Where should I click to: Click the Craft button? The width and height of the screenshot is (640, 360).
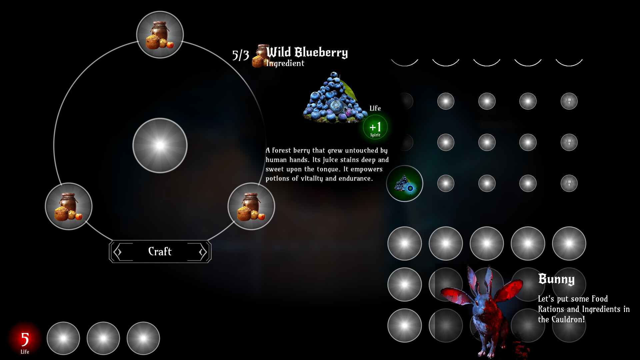pyautogui.click(x=160, y=251)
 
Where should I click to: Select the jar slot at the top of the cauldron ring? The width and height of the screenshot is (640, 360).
pyautogui.click(x=160, y=35)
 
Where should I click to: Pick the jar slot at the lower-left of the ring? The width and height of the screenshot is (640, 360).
pyautogui.click(x=69, y=206)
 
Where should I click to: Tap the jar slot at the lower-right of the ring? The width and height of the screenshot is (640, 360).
pyautogui.click(x=251, y=206)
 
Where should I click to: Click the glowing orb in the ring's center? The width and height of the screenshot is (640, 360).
pyautogui.click(x=160, y=145)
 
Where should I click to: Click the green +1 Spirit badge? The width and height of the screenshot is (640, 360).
pyautogui.click(x=375, y=127)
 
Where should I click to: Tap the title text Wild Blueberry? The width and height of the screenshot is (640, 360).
pyautogui.click(x=307, y=52)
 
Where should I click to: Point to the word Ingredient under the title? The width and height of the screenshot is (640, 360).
pyautogui.click(x=285, y=63)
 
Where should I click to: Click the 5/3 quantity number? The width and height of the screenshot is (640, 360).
pyautogui.click(x=241, y=55)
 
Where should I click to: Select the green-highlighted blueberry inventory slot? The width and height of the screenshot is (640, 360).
pyautogui.click(x=405, y=183)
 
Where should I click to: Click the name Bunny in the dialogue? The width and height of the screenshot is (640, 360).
pyautogui.click(x=556, y=279)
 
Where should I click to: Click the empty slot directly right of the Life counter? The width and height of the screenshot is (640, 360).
pyautogui.click(x=63, y=338)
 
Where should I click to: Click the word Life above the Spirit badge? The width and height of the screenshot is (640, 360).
pyautogui.click(x=375, y=108)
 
